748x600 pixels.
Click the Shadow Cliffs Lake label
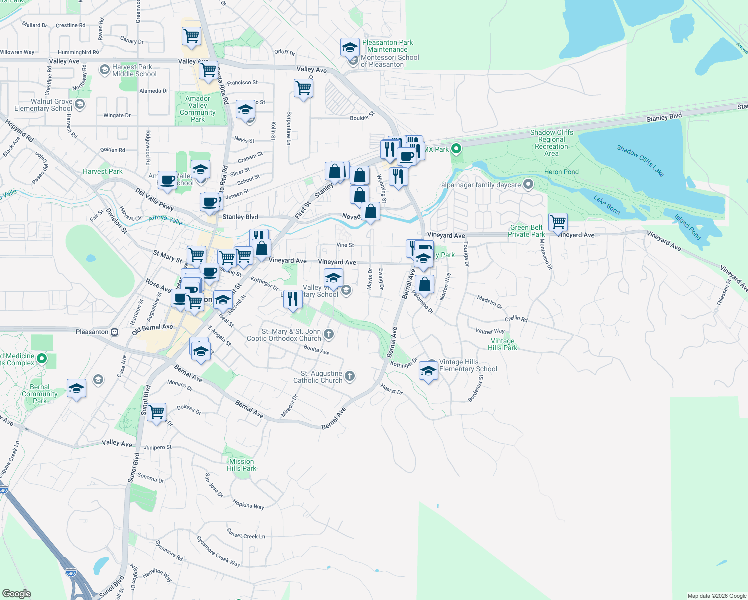tap(640, 161)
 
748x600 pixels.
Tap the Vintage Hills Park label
tap(502, 344)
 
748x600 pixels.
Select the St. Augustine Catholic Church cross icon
tap(350, 376)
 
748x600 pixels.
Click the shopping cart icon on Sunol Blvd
tap(156, 412)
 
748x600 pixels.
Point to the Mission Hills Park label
tap(241, 465)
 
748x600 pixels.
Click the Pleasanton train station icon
tap(115, 332)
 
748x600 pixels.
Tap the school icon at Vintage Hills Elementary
tap(428, 371)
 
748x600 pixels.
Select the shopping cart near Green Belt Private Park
tap(558, 221)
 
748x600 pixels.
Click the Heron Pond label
tap(561, 172)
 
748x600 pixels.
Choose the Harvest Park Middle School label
tap(134, 70)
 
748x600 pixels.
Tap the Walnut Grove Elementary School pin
tap(80, 104)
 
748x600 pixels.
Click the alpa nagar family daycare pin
tap(528, 185)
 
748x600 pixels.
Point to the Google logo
tap(16, 593)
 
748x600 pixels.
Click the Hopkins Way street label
tap(248, 505)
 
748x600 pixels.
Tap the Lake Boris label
tap(607, 205)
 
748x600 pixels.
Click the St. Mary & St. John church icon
tap(328, 334)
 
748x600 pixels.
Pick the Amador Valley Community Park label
tap(198, 109)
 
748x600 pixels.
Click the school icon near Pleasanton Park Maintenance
tap(350, 48)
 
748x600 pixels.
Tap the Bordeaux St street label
tap(476, 388)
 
